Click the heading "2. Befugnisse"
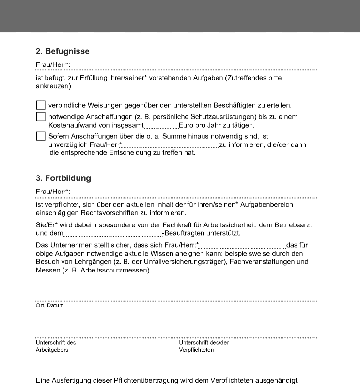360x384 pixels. click(x=63, y=51)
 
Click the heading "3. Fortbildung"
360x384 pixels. click(x=63, y=178)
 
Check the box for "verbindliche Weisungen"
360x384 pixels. click(x=41, y=105)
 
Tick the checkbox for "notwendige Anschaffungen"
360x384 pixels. click(x=41, y=117)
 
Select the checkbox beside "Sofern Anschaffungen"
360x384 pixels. click(x=41, y=136)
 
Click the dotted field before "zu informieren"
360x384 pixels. click(x=170, y=145)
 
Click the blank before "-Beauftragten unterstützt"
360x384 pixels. click(x=112, y=233)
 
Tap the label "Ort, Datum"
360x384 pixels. click(x=50, y=306)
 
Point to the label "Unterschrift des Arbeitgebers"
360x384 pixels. click(x=56, y=346)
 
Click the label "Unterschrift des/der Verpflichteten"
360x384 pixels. click(x=203, y=346)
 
